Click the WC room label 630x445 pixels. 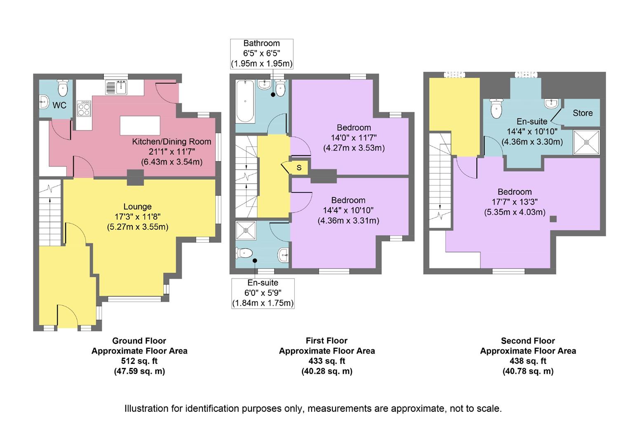click(59, 105)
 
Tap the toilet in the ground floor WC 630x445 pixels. click(63, 88)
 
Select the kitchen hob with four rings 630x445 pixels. click(84, 109)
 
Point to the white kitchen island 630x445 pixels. click(140, 126)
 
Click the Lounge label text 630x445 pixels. click(137, 206)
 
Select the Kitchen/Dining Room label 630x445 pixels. click(172, 142)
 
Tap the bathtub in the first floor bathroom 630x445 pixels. click(245, 101)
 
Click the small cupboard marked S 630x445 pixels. click(299, 168)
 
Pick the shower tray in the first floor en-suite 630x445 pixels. click(246, 231)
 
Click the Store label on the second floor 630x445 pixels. click(582, 113)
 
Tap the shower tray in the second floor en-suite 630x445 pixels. click(586, 142)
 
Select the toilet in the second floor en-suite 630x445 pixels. click(496, 109)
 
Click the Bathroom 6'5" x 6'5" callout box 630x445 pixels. click(261, 54)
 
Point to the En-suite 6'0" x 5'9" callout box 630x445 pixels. click(263, 293)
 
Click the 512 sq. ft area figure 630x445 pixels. click(139, 361)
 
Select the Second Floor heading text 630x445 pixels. click(528, 341)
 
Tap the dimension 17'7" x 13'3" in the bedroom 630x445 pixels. click(515, 202)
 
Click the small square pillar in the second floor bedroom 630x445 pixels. click(553, 219)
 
